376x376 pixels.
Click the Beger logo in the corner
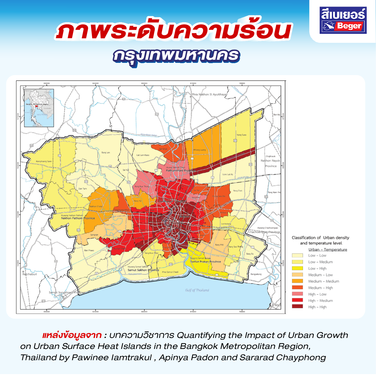(x=343, y=20)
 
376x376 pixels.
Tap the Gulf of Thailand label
(x=197, y=290)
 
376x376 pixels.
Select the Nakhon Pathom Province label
(x=78, y=218)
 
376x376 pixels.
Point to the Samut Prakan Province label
(x=205, y=262)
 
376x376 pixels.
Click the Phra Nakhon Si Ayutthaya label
(x=209, y=94)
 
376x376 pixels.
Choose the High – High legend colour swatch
(x=297, y=307)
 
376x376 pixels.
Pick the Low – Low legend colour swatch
(x=297, y=255)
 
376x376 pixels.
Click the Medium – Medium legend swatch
(x=297, y=281)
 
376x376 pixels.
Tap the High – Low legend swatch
(x=297, y=294)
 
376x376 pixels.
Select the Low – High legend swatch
(x=297, y=268)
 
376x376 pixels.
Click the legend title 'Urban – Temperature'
(x=328, y=249)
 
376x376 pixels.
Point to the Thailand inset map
(x=39, y=108)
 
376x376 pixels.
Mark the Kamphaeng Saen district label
(x=44, y=162)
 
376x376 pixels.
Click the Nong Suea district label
(x=241, y=135)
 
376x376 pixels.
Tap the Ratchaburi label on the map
(x=30, y=274)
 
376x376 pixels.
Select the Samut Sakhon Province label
(x=143, y=270)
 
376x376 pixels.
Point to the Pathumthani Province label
(x=180, y=171)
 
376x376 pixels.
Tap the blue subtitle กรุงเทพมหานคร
(x=176, y=56)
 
